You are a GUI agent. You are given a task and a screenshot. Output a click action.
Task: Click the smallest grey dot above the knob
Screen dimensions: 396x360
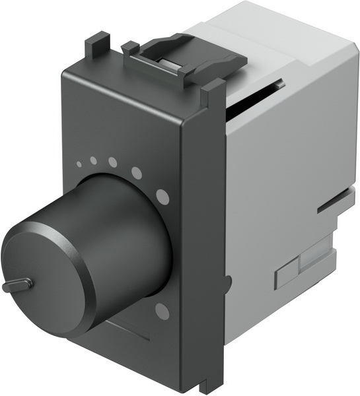pyautogui.click(x=79, y=166)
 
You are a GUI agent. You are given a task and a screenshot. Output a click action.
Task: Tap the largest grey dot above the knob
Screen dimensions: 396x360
pyautogui.click(x=161, y=195)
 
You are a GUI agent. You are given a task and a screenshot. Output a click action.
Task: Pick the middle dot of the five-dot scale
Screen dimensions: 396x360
pyautogui.click(x=113, y=162)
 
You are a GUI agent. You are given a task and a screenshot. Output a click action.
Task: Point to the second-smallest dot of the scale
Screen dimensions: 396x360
pyautogui.click(x=93, y=160)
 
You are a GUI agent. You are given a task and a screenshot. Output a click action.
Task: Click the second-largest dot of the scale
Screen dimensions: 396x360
pyautogui.click(x=137, y=173)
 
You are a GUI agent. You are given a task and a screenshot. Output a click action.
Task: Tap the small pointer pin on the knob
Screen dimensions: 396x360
pyautogui.click(x=16, y=286)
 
